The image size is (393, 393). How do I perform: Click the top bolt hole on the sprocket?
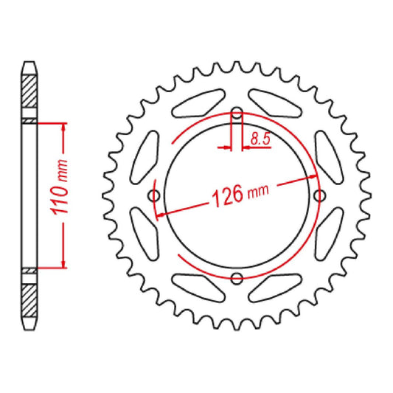[x=237, y=114]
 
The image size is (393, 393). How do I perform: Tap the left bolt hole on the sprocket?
[x=154, y=195]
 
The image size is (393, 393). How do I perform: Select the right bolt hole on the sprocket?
[x=319, y=195]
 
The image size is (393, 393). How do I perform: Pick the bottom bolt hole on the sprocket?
[x=237, y=278]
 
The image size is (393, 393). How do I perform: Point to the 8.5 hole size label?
[x=259, y=136]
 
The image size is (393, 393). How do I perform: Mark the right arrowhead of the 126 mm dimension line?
[x=313, y=178]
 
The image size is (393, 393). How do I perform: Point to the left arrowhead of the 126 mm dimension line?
[x=161, y=213]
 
